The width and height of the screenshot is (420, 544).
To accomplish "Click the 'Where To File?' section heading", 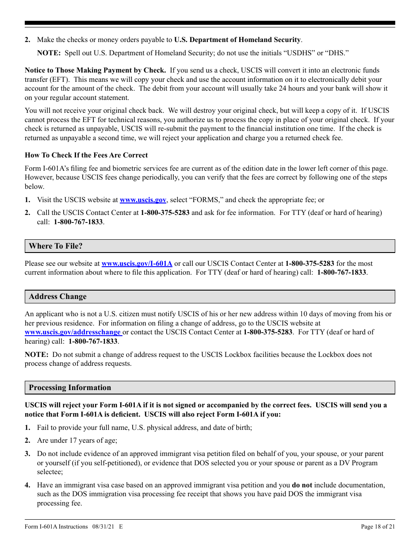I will (x=56, y=246).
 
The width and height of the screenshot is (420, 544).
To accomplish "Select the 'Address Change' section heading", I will (x=57, y=296).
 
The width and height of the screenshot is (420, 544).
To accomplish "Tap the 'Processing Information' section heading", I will (x=70, y=387).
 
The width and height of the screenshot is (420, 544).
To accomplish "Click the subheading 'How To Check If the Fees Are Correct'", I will (x=86, y=155).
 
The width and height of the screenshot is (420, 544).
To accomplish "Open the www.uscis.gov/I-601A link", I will (x=137, y=263).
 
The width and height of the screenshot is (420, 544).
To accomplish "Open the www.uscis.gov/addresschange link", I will (x=73, y=332).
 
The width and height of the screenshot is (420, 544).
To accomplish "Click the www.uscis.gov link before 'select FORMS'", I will (x=143, y=200).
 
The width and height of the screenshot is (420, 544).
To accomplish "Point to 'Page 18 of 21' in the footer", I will (x=378, y=526).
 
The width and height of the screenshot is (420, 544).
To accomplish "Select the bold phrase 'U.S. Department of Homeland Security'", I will (x=237, y=40).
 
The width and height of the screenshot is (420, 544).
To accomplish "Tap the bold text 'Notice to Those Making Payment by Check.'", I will (x=95, y=70).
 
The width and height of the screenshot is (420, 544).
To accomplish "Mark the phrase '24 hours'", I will (x=291, y=88).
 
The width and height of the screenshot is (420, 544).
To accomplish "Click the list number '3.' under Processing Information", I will (x=27, y=454).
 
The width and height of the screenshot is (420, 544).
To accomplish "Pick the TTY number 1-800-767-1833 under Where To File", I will (x=341, y=272).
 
